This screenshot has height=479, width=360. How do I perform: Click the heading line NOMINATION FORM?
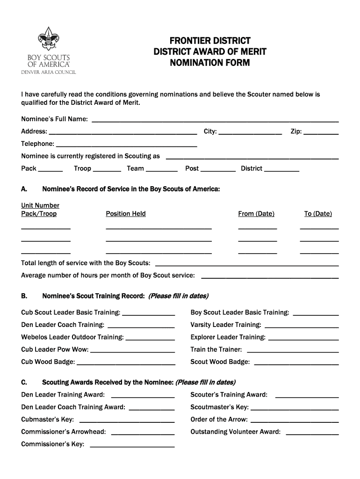210,63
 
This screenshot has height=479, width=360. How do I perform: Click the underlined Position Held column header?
126,214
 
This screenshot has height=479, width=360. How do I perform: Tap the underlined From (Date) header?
256,214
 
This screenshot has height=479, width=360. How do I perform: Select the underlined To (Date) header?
318,214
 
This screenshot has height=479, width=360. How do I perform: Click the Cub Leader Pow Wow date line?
132,351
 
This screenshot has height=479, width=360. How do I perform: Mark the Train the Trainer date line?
292,351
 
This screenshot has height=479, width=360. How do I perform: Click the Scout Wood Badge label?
220,362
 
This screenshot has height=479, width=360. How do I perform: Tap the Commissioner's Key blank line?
132,446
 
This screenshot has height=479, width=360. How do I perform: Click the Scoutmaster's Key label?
220,407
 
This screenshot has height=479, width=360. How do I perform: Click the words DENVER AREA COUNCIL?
48,72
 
